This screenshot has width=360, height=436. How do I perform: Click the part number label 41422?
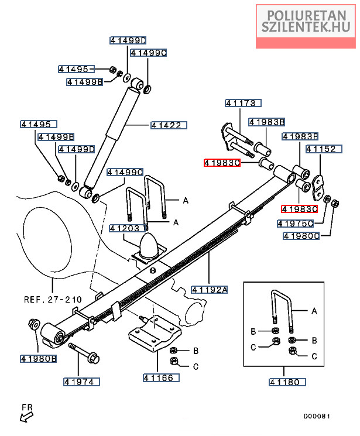coord(169,125)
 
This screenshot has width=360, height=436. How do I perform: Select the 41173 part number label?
coord(241,104)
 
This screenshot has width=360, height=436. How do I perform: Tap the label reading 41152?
coord(321,150)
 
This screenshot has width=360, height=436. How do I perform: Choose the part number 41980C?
coord(301,236)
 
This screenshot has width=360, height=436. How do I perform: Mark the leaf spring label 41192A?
coord(209,288)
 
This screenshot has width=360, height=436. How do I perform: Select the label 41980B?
coord(38,358)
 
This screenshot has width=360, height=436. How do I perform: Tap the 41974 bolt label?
coord(82,382)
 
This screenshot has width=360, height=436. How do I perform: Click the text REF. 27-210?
coord(53,299)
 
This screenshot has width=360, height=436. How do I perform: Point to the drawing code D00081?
coord(317,416)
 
